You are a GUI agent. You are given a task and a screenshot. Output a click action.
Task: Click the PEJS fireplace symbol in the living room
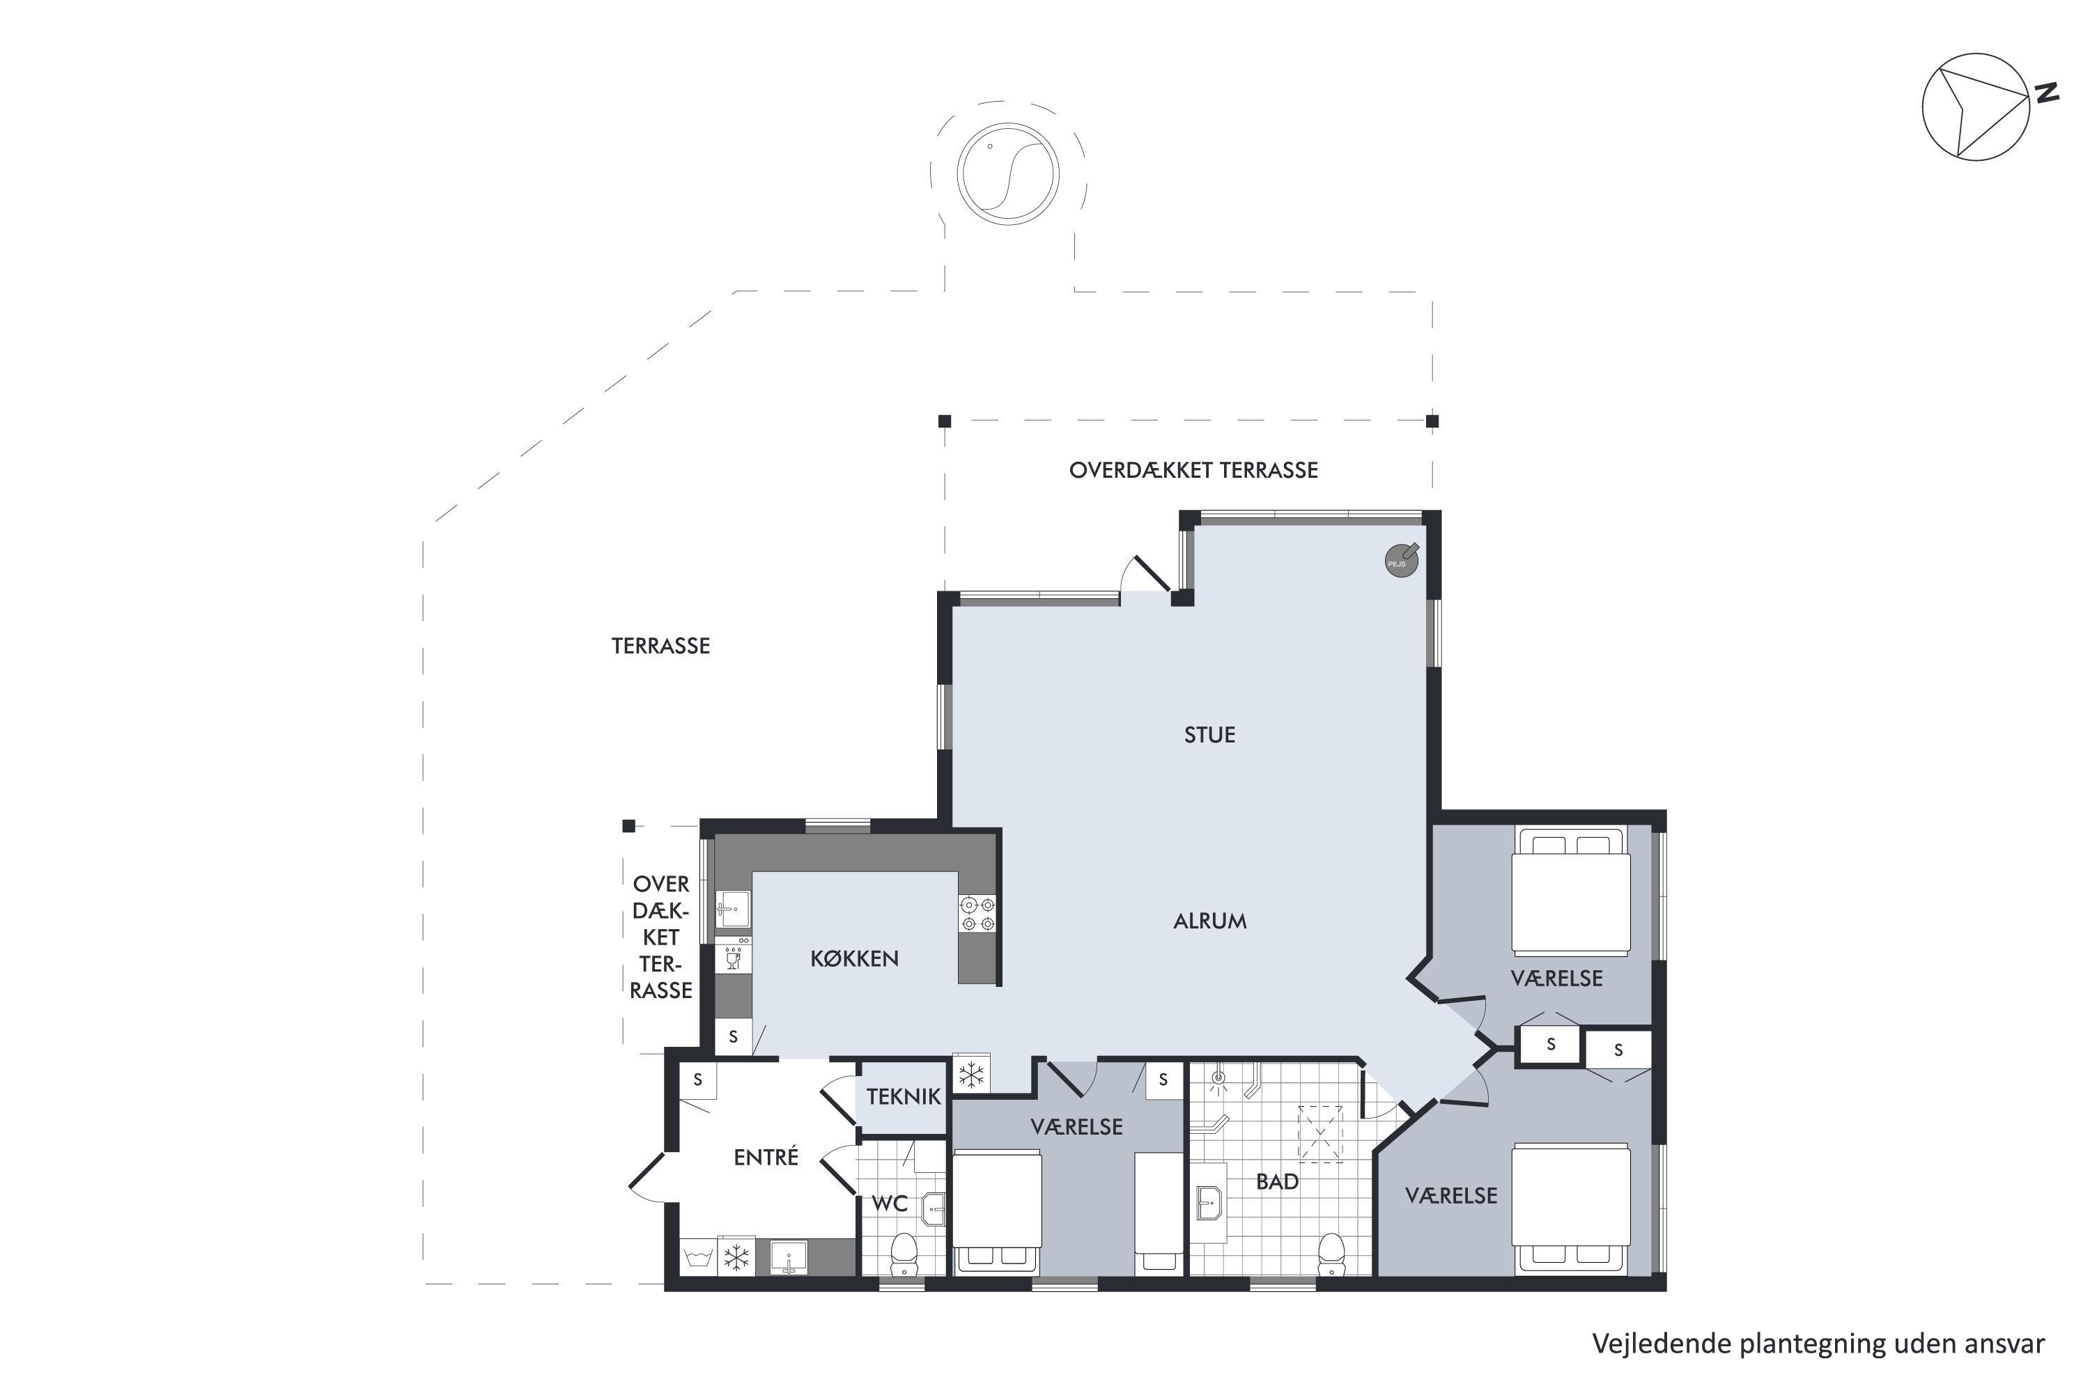click(x=1401, y=561)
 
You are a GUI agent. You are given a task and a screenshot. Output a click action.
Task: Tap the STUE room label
click(x=1209, y=735)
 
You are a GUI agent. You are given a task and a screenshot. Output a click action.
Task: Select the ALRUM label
click(x=1209, y=921)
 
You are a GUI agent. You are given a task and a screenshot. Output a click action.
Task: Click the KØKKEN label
click(x=854, y=958)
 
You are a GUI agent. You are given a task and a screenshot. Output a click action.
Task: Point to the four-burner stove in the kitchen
click(x=977, y=914)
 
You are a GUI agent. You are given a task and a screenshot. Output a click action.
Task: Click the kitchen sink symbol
click(x=733, y=909)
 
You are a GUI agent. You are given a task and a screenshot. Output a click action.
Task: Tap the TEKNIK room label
click(x=904, y=1096)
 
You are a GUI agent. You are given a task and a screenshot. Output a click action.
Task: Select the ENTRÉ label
click(x=766, y=1157)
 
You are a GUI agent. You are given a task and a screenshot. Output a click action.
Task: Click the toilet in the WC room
click(x=904, y=1254)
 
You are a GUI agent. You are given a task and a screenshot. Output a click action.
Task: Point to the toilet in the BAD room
click(x=1331, y=1254)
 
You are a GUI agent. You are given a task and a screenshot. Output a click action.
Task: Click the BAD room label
click(x=1277, y=1181)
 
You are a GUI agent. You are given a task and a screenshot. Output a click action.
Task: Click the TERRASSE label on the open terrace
click(x=660, y=646)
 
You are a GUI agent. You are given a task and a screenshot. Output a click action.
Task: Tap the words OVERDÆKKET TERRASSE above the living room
click(x=1193, y=470)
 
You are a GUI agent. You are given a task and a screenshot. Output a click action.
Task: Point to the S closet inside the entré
click(x=697, y=1080)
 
